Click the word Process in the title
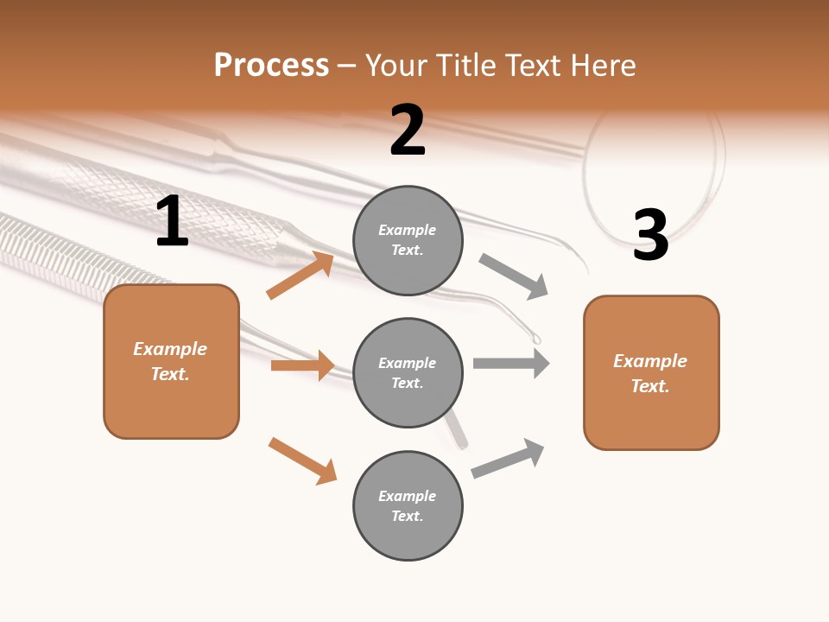pos(271,65)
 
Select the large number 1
pos(172,221)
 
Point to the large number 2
pos(408,130)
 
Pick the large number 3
pos(651,236)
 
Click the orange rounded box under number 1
pos(171,361)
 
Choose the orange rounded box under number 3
pos(651,373)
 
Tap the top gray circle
pos(408,240)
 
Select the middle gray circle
pos(408,372)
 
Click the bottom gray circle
pos(408,505)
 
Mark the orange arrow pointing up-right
pos(301,276)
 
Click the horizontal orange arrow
pos(302,365)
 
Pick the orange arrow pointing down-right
pos(302,460)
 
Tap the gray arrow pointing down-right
pos(514,276)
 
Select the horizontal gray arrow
pos(511,364)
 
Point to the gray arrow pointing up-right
pos(508,458)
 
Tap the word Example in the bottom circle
pos(408,496)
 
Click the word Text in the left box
pos(169,374)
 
